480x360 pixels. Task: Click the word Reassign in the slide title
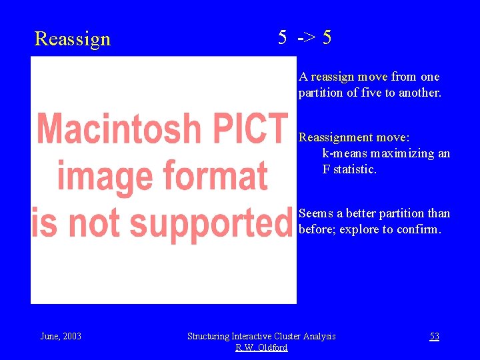[72, 39]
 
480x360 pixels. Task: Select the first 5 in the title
[283, 38]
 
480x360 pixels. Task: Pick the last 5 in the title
[326, 38]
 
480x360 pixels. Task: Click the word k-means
[345, 153]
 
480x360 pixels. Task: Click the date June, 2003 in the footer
[61, 336]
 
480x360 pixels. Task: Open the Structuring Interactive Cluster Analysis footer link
[261, 336]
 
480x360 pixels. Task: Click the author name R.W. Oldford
[261, 347]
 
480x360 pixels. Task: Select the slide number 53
[434, 336]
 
